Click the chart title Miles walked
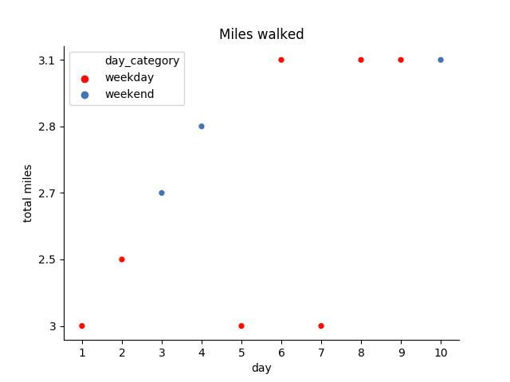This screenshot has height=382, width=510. click(x=261, y=34)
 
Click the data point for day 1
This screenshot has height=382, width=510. click(x=82, y=325)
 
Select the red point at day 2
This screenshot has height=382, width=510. click(x=122, y=259)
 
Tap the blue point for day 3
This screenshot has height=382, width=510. click(x=162, y=193)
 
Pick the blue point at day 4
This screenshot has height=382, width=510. click(x=202, y=127)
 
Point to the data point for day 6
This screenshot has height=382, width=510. click(x=281, y=60)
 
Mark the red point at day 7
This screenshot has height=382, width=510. click(x=321, y=325)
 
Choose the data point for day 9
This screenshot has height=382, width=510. click(x=401, y=60)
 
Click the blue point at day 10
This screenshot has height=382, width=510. click(x=441, y=60)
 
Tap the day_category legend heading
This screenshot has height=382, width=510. click(x=142, y=60)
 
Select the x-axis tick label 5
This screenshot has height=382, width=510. click(x=241, y=353)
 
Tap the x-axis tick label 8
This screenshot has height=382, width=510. click(x=361, y=353)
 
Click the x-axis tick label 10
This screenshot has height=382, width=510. click(x=441, y=353)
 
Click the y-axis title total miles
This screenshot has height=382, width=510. click(x=28, y=193)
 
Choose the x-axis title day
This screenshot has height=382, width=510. click(x=261, y=368)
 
